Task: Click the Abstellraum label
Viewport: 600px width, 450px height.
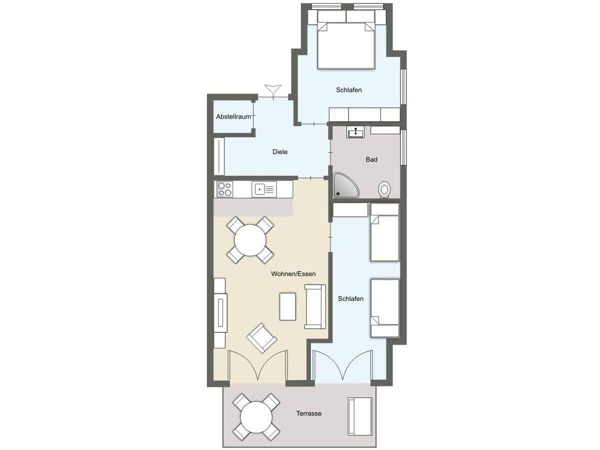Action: tap(233, 116)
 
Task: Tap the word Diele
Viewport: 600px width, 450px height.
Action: tap(280, 151)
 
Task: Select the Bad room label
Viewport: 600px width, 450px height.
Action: tap(371, 159)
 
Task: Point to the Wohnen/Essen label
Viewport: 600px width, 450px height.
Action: tap(293, 274)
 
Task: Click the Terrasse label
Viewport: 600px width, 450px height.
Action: tap(309, 413)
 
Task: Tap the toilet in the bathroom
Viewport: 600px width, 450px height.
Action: tap(384, 189)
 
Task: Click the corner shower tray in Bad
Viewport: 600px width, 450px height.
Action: tap(345, 185)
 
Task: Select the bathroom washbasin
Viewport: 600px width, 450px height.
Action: tap(355, 132)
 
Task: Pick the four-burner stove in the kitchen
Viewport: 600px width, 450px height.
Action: tap(224, 189)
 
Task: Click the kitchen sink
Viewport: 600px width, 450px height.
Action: tap(264, 189)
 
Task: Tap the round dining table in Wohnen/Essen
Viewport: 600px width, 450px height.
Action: tap(250, 240)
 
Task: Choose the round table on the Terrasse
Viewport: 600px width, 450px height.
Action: tap(256, 417)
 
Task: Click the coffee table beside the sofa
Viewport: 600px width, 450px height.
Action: tap(287, 306)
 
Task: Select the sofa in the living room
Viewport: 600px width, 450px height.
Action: tap(315, 306)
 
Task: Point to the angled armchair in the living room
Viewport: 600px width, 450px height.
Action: tap(261, 338)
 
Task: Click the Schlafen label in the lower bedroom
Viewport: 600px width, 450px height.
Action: tap(350, 298)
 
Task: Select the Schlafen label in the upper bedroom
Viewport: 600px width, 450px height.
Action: tap(349, 90)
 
